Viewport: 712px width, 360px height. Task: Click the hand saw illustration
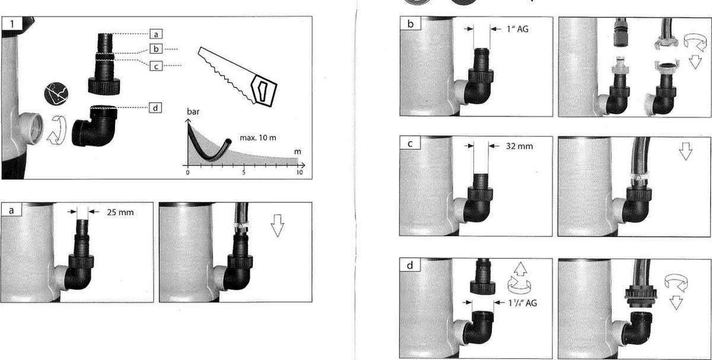[238, 77]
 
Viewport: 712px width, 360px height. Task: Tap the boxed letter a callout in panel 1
[155, 34]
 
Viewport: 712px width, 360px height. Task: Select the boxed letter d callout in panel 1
[155, 108]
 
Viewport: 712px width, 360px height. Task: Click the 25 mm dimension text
[120, 212]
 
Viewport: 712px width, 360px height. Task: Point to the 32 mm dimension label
[519, 146]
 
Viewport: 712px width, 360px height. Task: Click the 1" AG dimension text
[517, 29]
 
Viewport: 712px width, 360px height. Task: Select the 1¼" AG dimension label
[523, 303]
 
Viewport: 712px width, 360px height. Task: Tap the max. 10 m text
[258, 138]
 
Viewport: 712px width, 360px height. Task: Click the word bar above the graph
[193, 111]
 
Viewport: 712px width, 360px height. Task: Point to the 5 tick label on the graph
[244, 173]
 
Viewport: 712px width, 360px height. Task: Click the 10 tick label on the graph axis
[300, 173]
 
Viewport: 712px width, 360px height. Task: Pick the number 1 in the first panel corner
[12, 24]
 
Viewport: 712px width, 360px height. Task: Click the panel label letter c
[410, 144]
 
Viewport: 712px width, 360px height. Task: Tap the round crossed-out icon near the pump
[56, 94]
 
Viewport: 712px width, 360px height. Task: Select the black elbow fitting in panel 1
[95, 126]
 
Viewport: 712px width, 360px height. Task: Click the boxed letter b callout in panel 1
[155, 49]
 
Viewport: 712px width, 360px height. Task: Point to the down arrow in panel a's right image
[278, 225]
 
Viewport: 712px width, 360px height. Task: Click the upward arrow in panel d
[520, 269]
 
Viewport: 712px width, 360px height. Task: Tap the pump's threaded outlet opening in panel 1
[37, 128]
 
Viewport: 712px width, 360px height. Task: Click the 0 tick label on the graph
[187, 173]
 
